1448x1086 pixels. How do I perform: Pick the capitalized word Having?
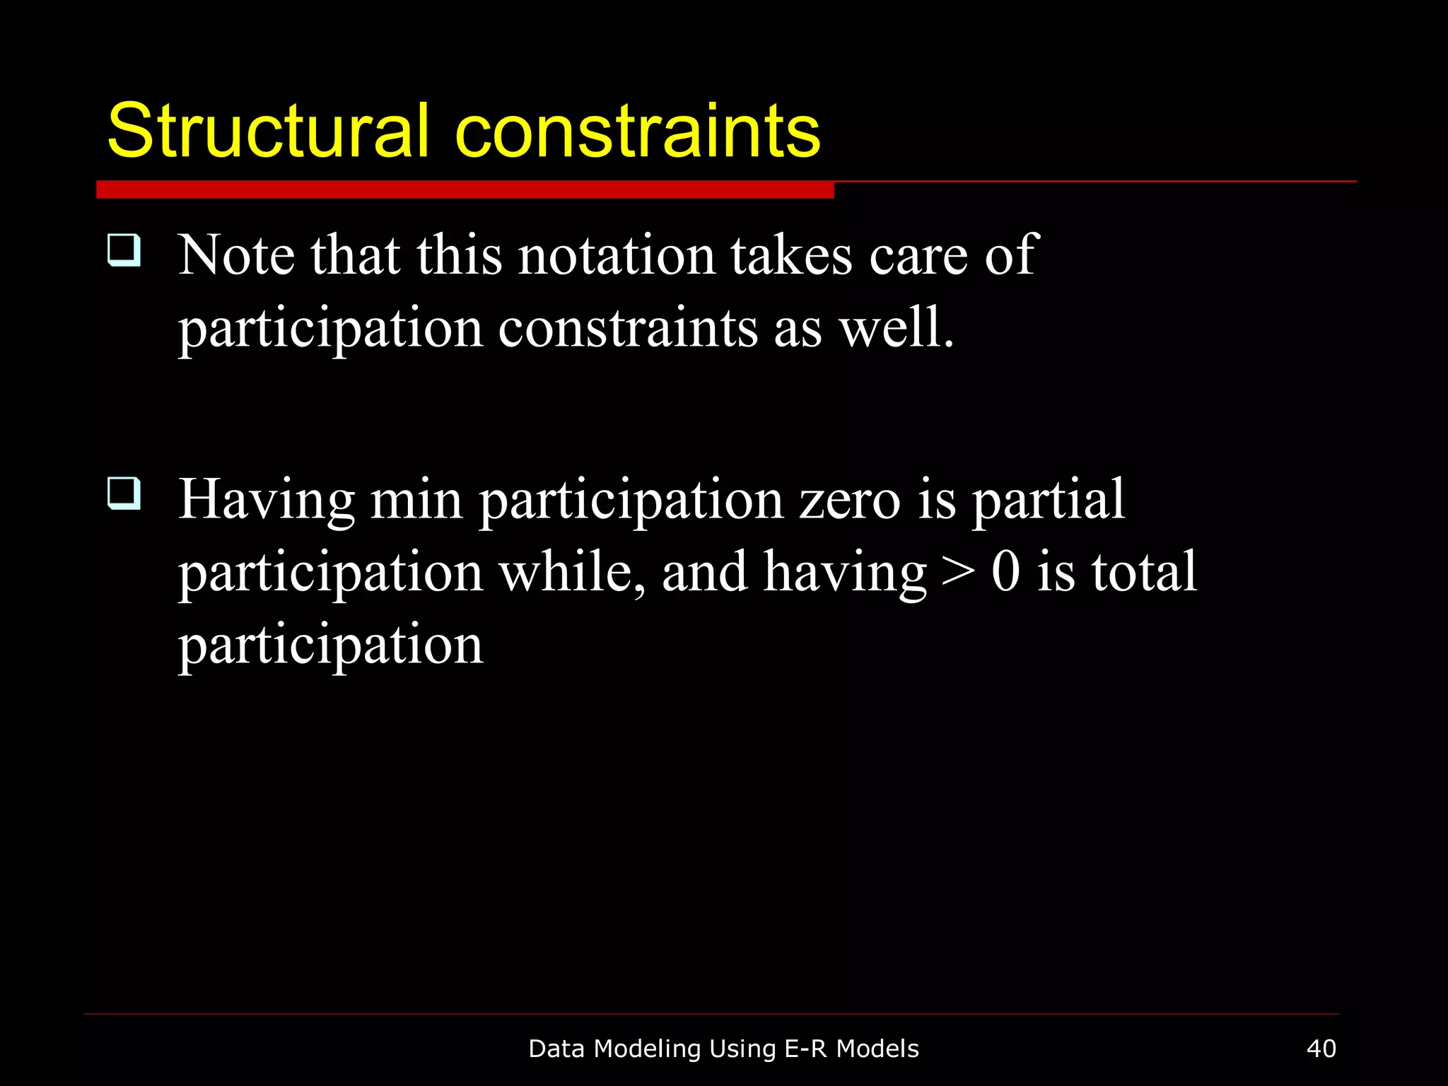(266, 501)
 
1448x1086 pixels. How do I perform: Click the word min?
(416, 499)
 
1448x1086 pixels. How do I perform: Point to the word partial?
(1048, 501)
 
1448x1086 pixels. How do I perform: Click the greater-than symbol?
(958, 573)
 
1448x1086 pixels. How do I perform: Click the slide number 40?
(1321, 1049)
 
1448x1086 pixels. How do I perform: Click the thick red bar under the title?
(465, 189)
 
